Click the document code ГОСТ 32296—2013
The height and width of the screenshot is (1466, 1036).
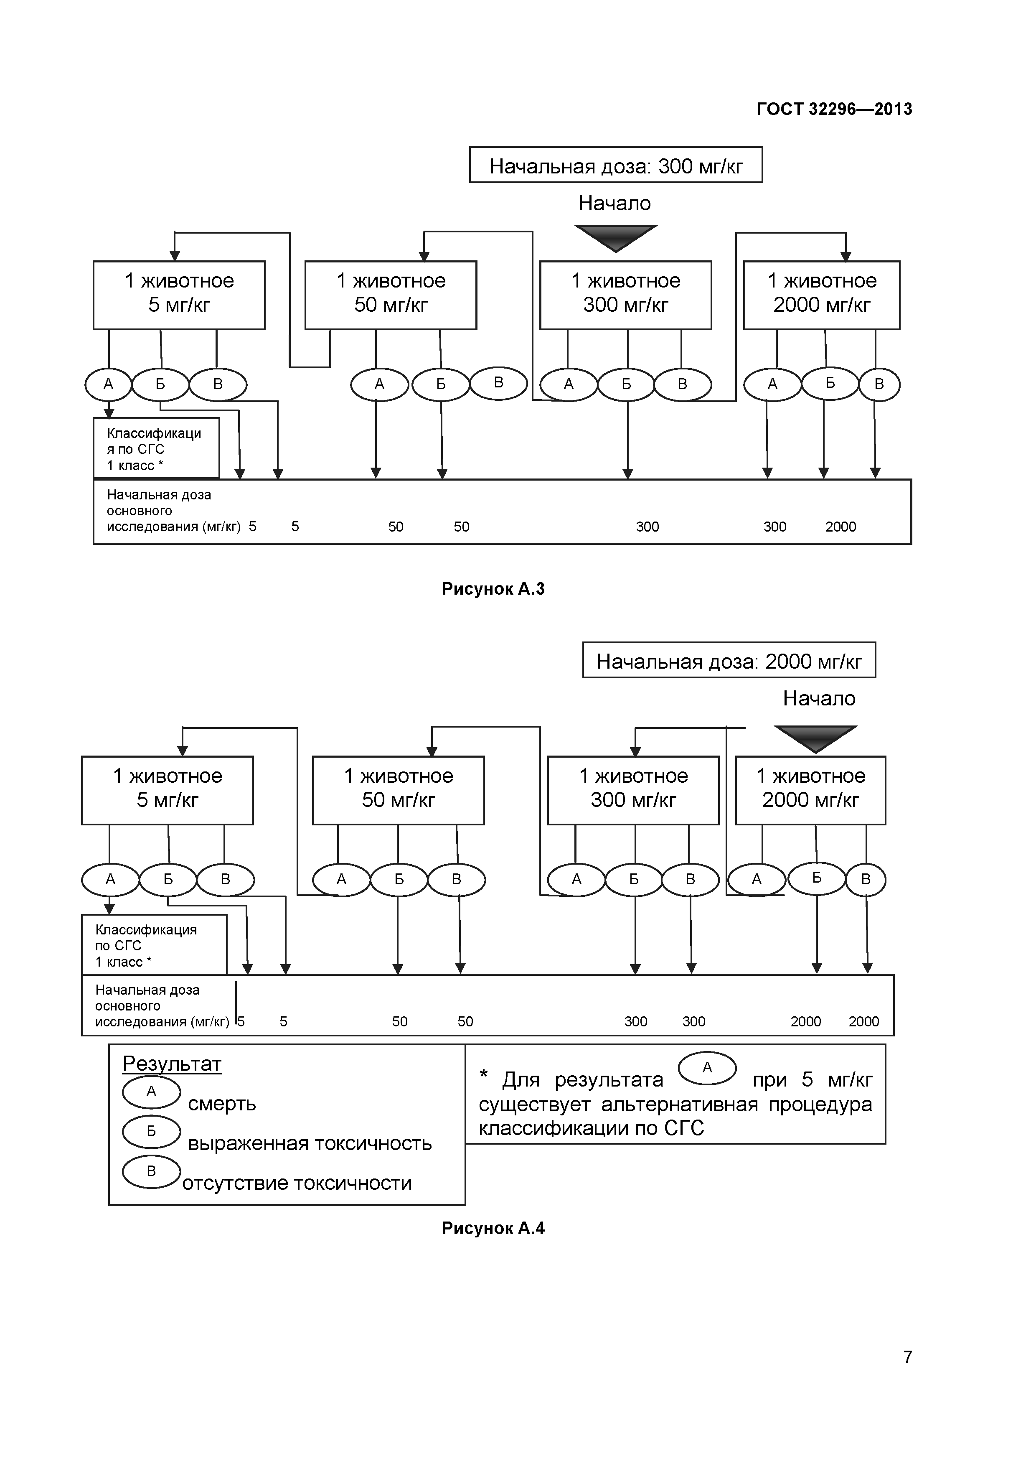[x=834, y=109]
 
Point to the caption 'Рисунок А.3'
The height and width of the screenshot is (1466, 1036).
[x=493, y=589]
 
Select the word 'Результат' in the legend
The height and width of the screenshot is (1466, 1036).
[x=172, y=1064]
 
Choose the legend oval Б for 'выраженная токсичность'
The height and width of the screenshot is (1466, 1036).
[x=151, y=1131]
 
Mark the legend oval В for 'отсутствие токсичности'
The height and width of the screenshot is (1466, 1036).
[x=151, y=1171]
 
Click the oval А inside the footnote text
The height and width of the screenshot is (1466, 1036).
[x=707, y=1068]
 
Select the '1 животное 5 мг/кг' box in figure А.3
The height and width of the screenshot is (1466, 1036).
[x=179, y=294]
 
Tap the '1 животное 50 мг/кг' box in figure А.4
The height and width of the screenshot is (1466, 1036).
[x=398, y=790]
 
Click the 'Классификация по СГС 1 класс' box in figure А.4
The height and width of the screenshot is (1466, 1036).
[x=154, y=945]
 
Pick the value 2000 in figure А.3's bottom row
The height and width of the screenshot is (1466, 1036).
[x=840, y=527]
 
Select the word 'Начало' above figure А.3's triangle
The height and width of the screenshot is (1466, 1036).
[x=614, y=203]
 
